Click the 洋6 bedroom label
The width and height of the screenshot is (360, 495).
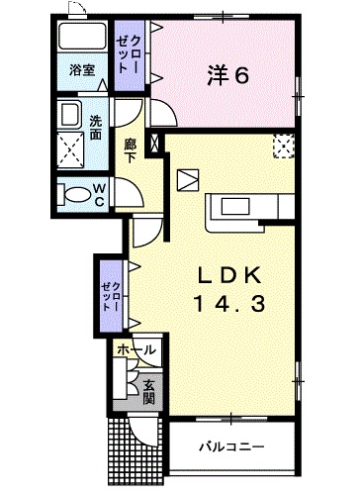click(227, 76)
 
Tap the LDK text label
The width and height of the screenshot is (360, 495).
click(229, 276)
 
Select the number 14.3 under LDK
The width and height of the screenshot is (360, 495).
click(229, 304)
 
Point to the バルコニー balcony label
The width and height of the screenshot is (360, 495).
click(231, 447)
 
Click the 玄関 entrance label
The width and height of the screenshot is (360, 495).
click(149, 392)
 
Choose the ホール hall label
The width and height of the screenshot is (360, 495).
click(136, 349)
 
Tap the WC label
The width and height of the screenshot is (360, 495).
click(99, 195)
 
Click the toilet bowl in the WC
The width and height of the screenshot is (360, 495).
click(74, 194)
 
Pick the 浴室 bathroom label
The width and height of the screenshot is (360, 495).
click(82, 70)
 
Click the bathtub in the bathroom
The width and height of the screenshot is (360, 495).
click(82, 36)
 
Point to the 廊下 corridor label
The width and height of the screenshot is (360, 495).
click(130, 150)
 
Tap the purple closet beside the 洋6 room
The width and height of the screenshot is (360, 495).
click(130, 55)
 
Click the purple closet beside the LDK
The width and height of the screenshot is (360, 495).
click(111, 296)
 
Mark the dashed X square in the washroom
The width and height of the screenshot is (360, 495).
click(71, 150)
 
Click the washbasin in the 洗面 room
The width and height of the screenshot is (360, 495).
click(69, 113)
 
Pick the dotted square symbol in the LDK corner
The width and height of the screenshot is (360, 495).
click(283, 147)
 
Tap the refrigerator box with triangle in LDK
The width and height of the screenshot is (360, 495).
click(188, 180)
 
